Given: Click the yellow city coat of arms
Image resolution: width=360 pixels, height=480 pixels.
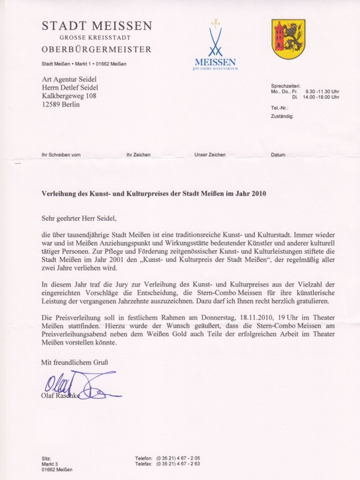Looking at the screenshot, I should [288, 38].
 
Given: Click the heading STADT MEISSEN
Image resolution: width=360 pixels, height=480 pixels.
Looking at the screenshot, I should [97, 26].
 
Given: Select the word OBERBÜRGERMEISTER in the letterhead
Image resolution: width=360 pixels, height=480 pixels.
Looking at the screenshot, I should [97, 49].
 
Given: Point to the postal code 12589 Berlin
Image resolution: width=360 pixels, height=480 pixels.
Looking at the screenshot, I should [61, 104].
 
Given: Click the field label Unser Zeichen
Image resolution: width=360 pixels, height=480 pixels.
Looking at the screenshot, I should [210, 155].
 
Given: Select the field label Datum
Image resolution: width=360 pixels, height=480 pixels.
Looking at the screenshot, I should [278, 155].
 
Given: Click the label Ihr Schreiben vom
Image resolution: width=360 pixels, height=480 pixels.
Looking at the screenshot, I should [61, 155].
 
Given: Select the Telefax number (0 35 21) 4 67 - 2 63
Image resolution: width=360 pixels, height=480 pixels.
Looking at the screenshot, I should [178, 464].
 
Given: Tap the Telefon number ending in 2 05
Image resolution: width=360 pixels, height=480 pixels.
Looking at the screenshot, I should [178, 458].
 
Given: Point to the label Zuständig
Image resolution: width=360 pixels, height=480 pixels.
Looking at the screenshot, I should [282, 116].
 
